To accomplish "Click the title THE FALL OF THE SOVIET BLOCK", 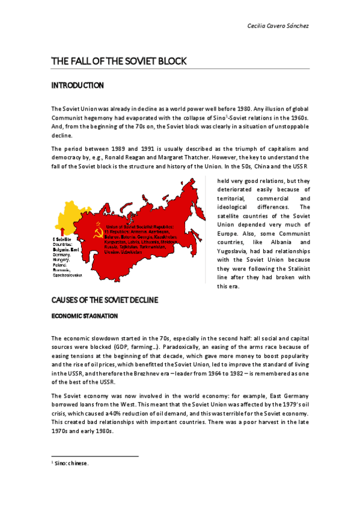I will point(119,61).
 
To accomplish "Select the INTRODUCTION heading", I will point(78,86).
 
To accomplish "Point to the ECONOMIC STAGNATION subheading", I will point(84,316).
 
